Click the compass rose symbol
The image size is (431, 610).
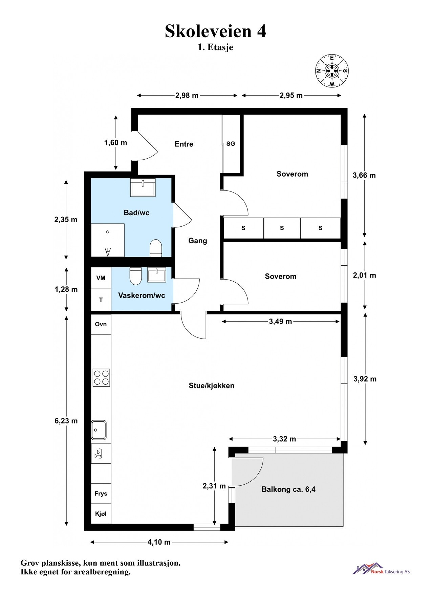332,71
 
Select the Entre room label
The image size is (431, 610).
184,144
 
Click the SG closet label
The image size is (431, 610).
231,144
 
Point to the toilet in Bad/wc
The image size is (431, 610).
156,248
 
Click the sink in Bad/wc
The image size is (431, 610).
143,187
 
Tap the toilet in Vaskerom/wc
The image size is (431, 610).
135,276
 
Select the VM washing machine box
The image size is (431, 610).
101,278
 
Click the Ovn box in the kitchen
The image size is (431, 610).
101,324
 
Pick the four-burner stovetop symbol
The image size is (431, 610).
101,378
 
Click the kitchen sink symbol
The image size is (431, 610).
99,430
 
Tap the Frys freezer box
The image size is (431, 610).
101,493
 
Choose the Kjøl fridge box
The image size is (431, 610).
101,514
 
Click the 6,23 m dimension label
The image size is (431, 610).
66,421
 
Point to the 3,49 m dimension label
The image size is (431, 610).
280,322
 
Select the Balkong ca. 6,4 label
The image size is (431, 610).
288,489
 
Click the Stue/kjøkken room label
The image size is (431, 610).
212,386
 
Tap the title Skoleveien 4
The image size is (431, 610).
216,31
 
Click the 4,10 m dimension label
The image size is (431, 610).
159,542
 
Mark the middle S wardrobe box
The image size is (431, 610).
282,228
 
